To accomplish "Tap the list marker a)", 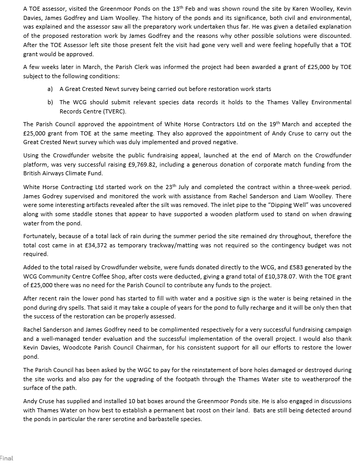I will coord(50,89).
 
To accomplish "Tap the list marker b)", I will coord(50,102).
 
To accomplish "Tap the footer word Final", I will coord(7,458).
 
